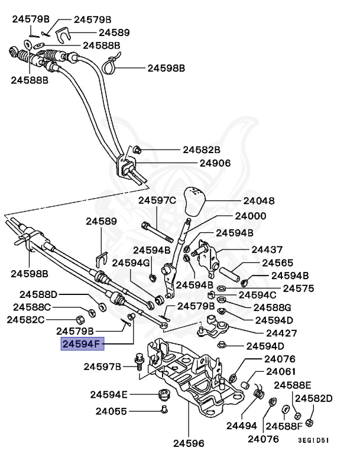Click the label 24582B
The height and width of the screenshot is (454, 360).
[201, 150]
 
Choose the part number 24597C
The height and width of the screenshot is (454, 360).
[157, 201]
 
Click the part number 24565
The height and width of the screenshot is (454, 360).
[278, 262]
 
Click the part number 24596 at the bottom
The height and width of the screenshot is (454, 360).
[188, 441]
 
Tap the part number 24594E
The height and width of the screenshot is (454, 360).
[109, 394]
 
